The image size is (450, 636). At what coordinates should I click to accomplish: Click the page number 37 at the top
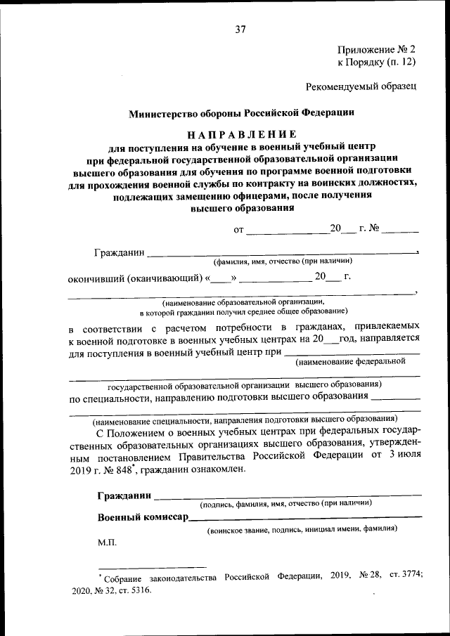point(240,29)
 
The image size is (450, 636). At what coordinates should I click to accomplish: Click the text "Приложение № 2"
point(377,49)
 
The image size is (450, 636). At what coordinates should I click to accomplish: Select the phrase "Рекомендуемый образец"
point(361,86)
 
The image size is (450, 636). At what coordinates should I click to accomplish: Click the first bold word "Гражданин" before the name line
point(119,252)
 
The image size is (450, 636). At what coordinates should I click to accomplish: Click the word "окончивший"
point(96,278)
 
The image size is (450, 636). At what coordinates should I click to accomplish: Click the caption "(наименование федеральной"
point(351,362)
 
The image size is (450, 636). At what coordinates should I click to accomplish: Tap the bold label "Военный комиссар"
point(143,518)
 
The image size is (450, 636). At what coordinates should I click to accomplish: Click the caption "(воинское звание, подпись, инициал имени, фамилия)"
point(302,528)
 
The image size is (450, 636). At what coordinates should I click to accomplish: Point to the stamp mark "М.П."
point(108,543)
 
